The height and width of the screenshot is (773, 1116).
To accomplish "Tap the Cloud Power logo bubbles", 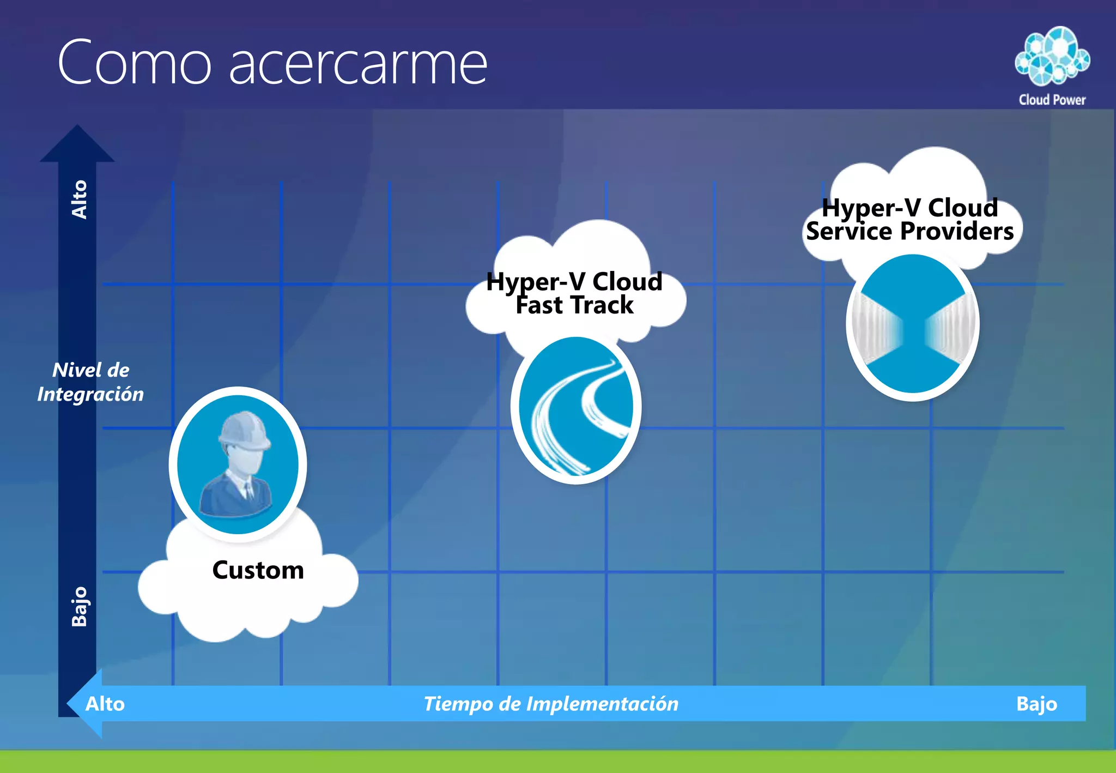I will tap(1052, 56).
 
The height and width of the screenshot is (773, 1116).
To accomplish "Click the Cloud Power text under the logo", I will tap(1052, 100).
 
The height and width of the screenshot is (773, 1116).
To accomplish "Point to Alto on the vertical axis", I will tap(80, 200).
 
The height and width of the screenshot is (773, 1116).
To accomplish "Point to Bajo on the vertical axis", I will tap(80, 606).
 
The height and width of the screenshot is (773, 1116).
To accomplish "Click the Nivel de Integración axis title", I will tap(90, 382).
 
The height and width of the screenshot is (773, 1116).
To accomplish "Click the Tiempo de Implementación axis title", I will tap(551, 704).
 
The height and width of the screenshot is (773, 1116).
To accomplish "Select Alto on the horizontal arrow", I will tap(105, 704).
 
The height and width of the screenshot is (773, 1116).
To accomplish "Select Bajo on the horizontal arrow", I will tap(1036, 704).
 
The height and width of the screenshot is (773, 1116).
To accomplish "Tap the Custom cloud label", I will tap(258, 571).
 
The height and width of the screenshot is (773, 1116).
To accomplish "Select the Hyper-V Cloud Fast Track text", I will tap(574, 293).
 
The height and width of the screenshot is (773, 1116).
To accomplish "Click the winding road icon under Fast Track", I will tap(576, 409).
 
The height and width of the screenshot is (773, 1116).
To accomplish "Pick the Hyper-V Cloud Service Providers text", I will tap(910, 220).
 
